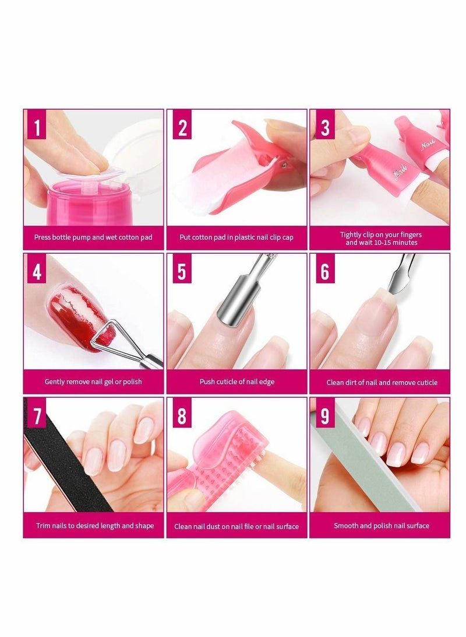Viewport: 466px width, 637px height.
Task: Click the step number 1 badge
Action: [37, 127]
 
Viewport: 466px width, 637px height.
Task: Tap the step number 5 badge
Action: [182, 271]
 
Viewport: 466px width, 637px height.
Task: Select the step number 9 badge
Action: [324, 415]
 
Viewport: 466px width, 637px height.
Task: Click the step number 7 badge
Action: [37, 416]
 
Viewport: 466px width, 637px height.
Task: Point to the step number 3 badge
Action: [324, 127]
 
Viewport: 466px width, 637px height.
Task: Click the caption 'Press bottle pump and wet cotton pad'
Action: [93, 237]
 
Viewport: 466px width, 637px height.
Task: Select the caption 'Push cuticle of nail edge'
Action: [236, 381]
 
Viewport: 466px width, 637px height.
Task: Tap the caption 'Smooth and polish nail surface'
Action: [381, 526]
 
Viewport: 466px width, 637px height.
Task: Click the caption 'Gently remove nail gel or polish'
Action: [93, 381]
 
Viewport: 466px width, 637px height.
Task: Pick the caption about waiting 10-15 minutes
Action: [381, 238]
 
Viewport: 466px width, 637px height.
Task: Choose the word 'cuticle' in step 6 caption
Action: [425, 382]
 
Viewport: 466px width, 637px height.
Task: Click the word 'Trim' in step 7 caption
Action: [44, 526]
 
